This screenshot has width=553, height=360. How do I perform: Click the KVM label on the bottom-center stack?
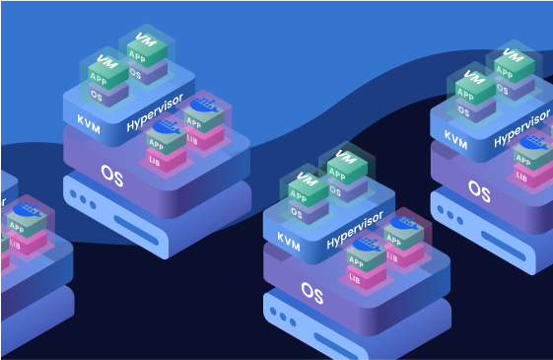tap(288, 238)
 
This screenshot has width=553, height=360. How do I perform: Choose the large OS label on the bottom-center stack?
tap(311, 293)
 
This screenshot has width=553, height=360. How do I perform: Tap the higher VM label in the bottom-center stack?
tap(344, 158)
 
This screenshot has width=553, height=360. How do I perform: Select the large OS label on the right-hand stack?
tap(479, 189)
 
